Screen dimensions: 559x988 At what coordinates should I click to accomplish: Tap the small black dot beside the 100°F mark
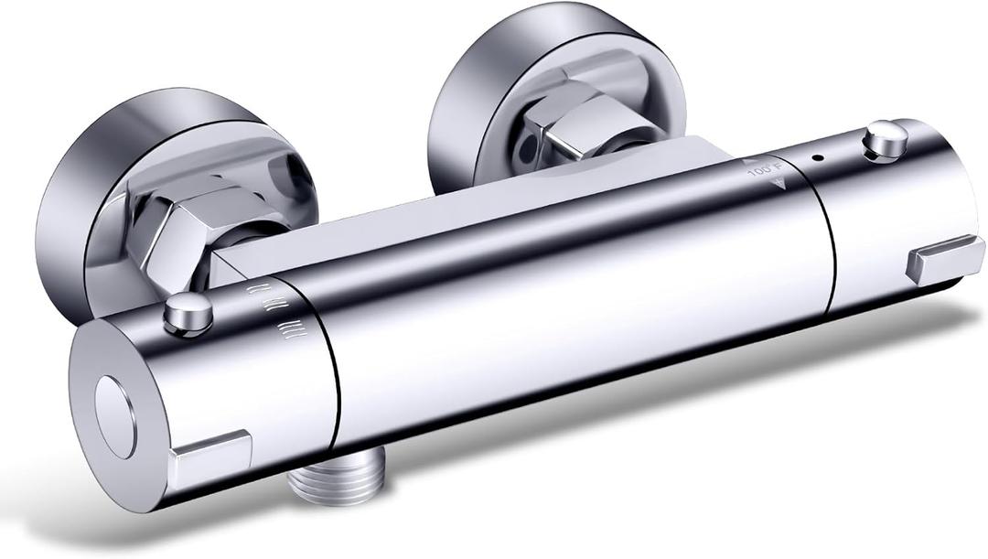[816, 157]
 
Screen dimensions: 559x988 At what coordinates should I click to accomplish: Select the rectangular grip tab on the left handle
[213, 453]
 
